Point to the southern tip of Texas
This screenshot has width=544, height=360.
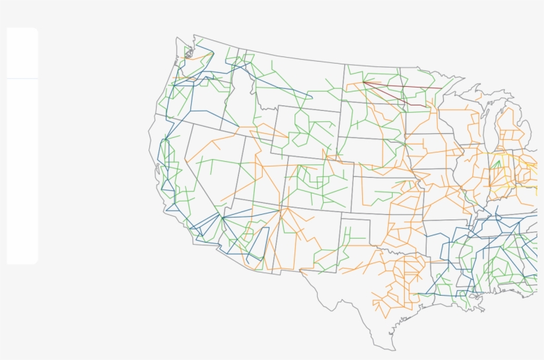click(x=391, y=349)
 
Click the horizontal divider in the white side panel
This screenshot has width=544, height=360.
click(x=22, y=78)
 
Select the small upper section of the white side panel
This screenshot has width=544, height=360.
click(x=22, y=53)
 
